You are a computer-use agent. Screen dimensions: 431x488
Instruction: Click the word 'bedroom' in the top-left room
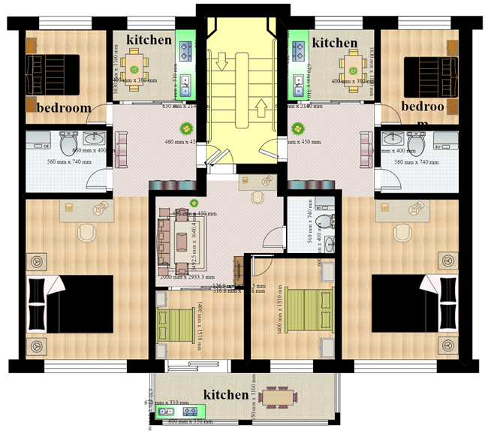[x=63, y=107]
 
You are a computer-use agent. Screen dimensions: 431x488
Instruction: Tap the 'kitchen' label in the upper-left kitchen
[x=149, y=39]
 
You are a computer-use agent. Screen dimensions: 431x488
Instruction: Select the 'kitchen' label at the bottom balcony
[x=225, y=394]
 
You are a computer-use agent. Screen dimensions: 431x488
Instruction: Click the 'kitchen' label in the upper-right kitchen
[x=334, y=42]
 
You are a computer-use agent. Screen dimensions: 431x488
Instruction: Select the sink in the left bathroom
[x=94, y=139]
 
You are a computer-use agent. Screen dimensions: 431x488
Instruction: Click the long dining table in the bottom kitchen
[x=282, y=396]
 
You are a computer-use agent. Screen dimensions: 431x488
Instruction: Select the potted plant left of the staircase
[x=184, y=128]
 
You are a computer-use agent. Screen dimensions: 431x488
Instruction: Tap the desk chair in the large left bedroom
[x=86, y=232]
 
